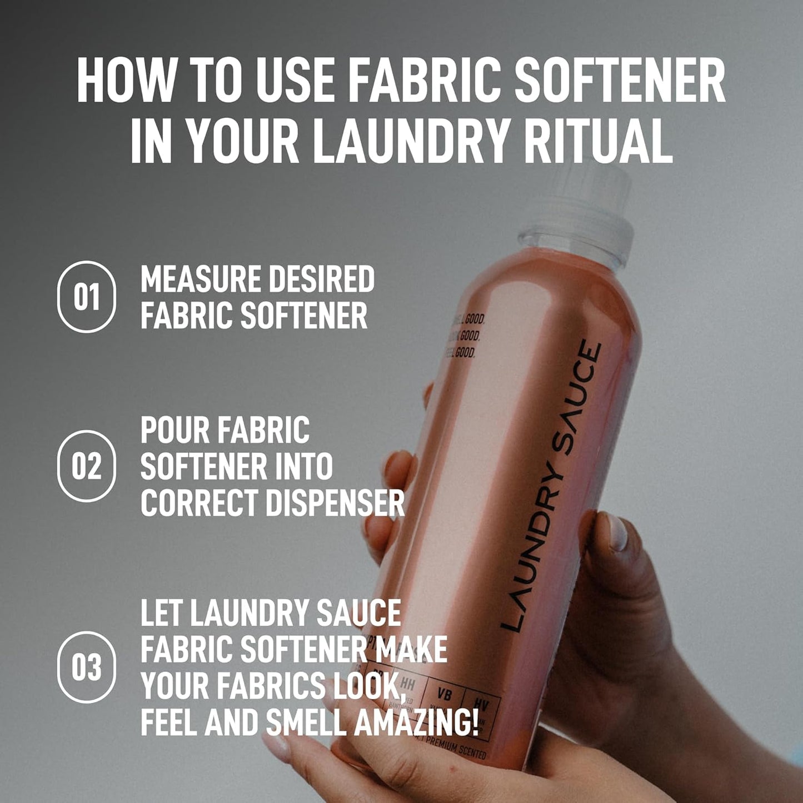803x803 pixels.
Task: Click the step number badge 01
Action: coord(86,297)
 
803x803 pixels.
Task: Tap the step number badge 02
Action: coord(86,466)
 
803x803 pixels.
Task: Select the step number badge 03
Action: coord(86,667)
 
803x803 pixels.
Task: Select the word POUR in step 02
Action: coord(174,430)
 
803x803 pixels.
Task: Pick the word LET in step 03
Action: coord(161,613)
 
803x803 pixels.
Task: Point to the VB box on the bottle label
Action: coord(444,695)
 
